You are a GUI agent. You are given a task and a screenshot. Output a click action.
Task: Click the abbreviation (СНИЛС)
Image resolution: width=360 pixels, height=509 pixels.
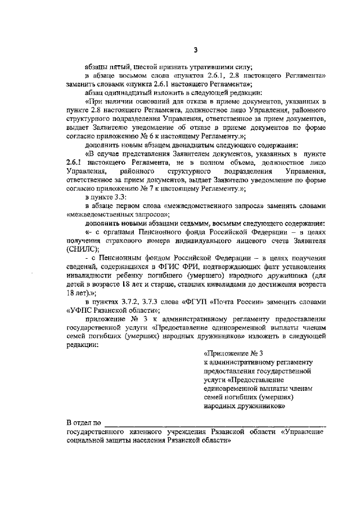click(83, 247)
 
